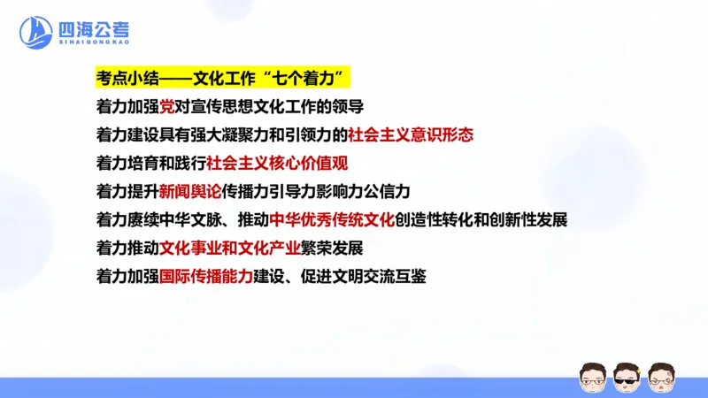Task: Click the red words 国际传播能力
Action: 205,277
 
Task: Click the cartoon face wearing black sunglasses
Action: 627,375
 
